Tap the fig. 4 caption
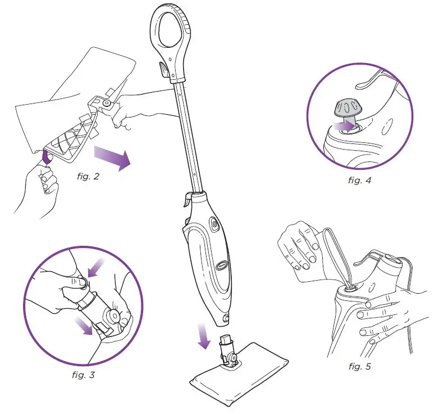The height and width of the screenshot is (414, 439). (x=359, y=181)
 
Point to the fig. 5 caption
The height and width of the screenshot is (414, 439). (x=359, y=367)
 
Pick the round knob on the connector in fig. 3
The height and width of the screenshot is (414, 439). (x=116, y=315)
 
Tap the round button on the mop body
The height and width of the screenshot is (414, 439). (x=214, y=223)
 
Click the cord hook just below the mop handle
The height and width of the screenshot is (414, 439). (x=162, y=70)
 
